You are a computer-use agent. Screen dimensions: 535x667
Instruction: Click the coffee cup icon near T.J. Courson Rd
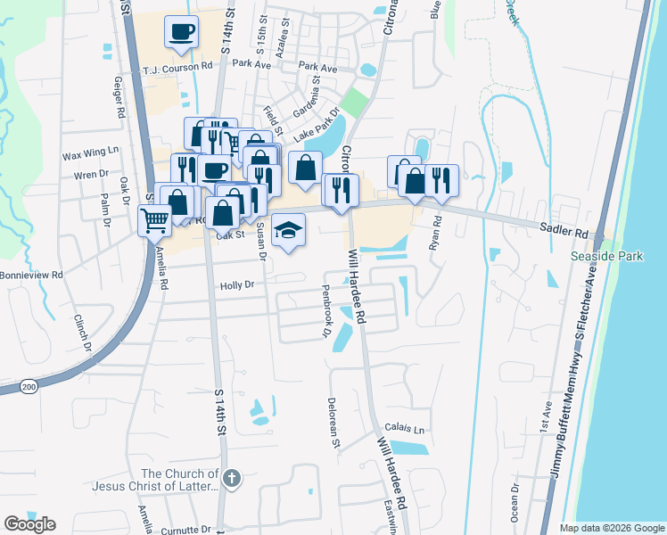pyautogui.click(x=181, y=32)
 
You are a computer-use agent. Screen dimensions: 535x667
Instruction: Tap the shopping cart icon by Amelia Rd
pyautogui.click(x=156, y=219)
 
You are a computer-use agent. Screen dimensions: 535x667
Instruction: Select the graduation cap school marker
pyautogui.click(x=288, y=230)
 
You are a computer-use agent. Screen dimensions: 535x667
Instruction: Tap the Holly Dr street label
pyautogui.click(x=236, y=285)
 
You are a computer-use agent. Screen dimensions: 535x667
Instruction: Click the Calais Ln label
pyautogui.click(x=405, y=429)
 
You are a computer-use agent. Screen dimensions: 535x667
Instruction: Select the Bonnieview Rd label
pyautogui.click(x=32, y=276)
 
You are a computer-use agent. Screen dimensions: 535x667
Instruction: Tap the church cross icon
pyautogui.click(x=232, y=478)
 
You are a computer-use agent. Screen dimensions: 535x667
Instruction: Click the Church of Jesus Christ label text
pyautogui.click(x=155, y=481)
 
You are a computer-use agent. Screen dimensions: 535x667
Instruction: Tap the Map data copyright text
pyautogui.click(x=611, y=528)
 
